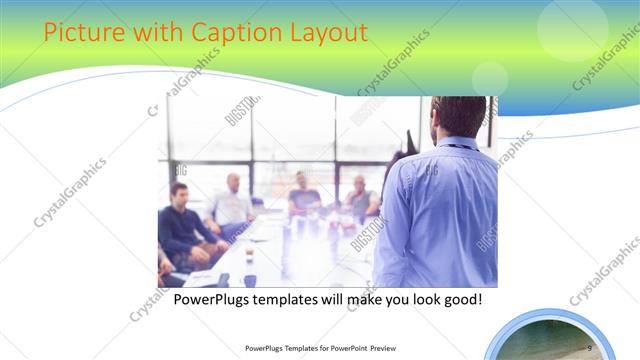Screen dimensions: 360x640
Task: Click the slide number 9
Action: pyautogui.click(x=590, y=347)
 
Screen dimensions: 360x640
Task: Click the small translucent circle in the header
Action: pyautogui.click(x=490, y=78)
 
